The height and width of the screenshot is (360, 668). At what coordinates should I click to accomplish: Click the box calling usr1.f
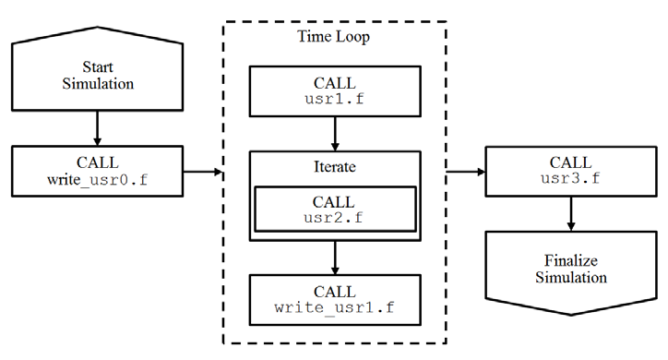pos(334,90)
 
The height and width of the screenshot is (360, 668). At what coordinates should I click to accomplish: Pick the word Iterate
pos(334,170)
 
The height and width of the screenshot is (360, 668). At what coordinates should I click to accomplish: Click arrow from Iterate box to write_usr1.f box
pos(334,256)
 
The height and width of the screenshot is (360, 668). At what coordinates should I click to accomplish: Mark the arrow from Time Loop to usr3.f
pos(467,171)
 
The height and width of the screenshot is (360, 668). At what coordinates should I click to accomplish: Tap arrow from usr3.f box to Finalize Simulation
pos(572,213)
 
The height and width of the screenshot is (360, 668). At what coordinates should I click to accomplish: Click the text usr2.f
pos(334,217)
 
